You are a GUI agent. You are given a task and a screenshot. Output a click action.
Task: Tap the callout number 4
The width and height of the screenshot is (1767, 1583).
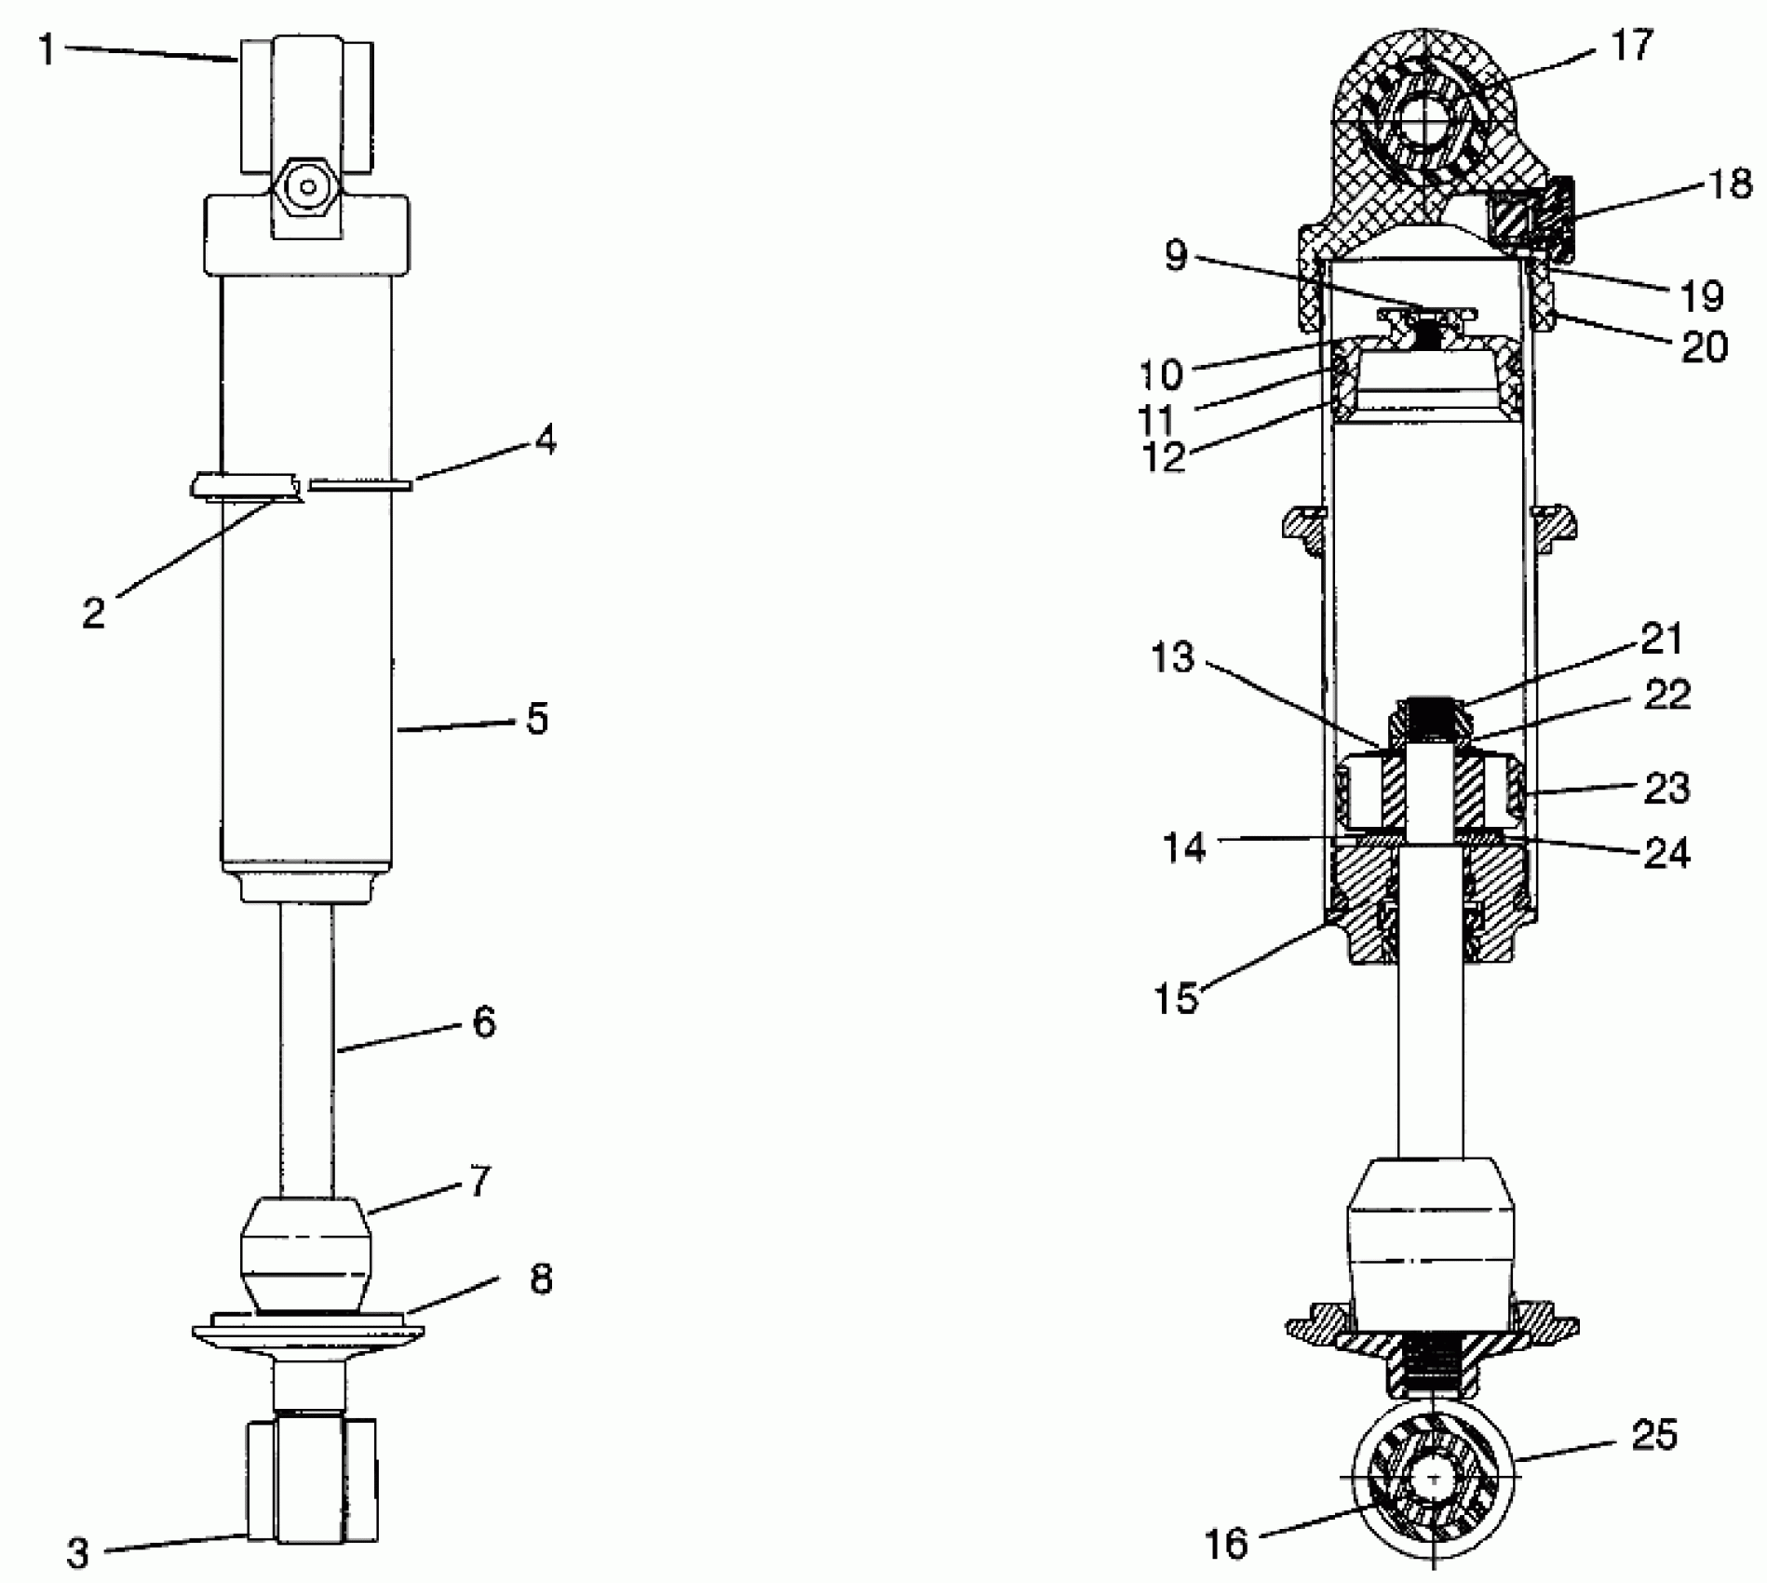546,440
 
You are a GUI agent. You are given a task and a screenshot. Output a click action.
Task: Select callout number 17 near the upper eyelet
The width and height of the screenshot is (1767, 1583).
1630,44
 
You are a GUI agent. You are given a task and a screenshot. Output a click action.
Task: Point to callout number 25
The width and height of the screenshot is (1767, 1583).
1654,1435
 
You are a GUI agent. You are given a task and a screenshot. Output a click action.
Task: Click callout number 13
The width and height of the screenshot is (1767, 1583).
1172,657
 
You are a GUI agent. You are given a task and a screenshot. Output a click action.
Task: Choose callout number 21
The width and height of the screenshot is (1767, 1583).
1662,639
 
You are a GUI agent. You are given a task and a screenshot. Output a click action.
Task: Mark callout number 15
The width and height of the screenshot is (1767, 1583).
1177,998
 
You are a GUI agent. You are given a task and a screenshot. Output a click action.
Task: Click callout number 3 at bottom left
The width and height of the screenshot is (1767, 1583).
77,1552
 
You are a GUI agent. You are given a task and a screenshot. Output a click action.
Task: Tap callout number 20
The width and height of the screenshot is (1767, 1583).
1704,346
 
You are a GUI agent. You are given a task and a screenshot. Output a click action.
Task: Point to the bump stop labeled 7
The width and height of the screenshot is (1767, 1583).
306,1253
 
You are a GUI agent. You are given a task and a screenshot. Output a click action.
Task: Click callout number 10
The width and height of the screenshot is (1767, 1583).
1160,374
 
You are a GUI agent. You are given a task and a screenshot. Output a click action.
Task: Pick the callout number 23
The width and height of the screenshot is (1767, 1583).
1666,788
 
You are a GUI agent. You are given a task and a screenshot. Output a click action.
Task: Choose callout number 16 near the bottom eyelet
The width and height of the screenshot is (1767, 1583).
1225,1544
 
